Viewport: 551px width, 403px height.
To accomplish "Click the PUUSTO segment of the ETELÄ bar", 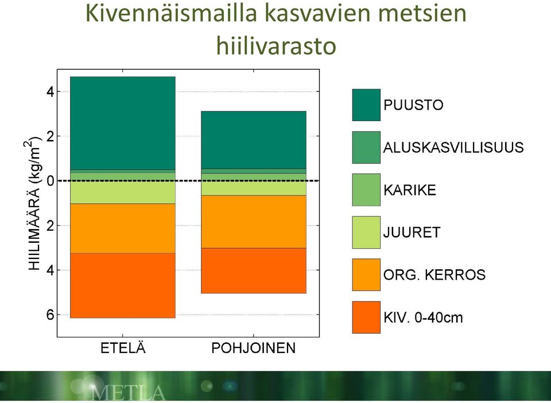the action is click(123, 123).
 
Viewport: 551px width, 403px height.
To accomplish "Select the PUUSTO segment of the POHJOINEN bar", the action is click(253, 140).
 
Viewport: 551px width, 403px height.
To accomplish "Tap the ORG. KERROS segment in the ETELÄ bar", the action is click(123, 228).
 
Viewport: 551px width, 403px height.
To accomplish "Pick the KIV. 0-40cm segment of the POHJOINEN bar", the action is click(253, 270).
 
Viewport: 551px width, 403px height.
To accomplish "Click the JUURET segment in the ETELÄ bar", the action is click(123, 192).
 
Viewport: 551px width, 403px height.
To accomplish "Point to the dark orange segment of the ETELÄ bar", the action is click(123, 286).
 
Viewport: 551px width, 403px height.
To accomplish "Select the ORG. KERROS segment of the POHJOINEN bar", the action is click(253, 222).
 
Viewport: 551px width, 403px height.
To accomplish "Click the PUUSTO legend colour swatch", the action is click(366, 104).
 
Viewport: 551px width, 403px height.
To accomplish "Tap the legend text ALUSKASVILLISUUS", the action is click(453, 147).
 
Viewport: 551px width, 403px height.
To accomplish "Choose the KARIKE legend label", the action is click(410, 190).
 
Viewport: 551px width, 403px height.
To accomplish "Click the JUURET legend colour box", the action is click(366, 232).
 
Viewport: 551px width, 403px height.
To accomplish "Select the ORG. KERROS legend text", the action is click(434, 275).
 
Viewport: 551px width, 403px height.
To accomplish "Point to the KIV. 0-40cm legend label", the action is click(423, 317).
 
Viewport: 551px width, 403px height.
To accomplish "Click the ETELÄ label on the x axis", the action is click(123, 348).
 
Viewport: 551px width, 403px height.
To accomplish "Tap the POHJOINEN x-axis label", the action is click(253, 348).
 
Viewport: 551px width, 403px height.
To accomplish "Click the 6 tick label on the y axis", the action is click(51, 315).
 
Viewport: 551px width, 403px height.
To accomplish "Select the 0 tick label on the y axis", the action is click(51, 181).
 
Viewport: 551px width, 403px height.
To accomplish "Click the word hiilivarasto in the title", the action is click(276, 46).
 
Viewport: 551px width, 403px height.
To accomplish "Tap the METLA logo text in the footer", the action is click(128, 393).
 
